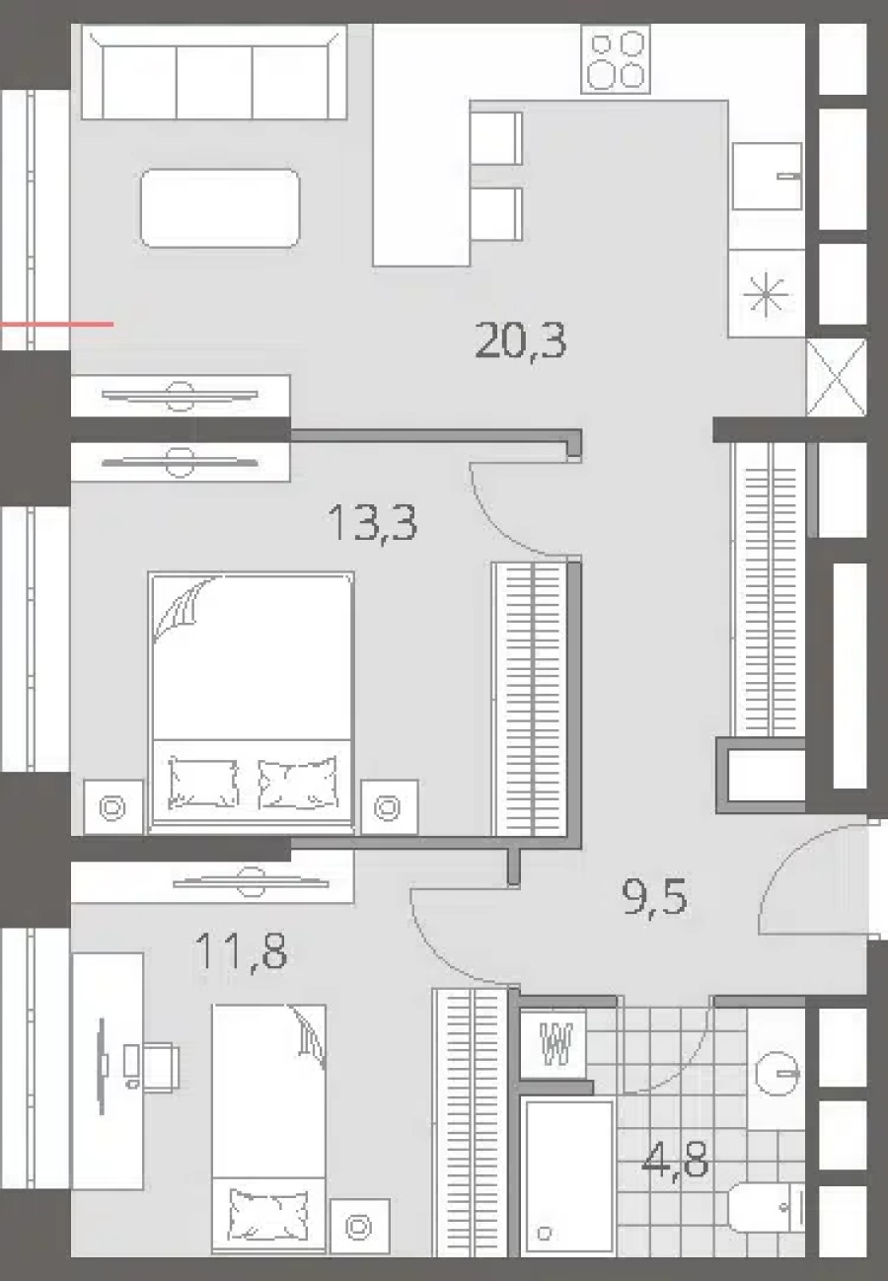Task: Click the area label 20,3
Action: pyautogui.click(x=520, y=341)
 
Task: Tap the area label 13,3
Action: pyautogui.click(x=372, y=522)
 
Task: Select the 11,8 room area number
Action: pyautogui.click(x=241, y=952)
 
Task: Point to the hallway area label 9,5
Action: pyautogui.click(x=654, y=898)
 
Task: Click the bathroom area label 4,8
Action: pyautogui.click(x=675, y=1160)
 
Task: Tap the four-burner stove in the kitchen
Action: pyautogui.click(x=616, y=59)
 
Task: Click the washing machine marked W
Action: pyautogui.click(x=557, y=1041)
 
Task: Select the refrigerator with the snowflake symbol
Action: pyautogui.click(x=767, y=294)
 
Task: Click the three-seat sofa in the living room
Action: pyautogui.click(x=213, y=74)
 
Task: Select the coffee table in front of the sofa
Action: pyautogui.click(x=220, y=208)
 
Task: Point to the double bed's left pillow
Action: pyautogui.click(x=203, y=782)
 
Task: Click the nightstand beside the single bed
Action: pyautogui.click(x=359, y=1226)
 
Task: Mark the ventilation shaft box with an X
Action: pyautogui.click(x=836, y=377)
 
